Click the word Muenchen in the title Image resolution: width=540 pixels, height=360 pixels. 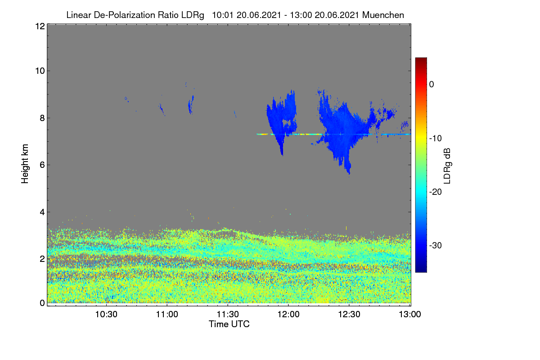coord(383,15)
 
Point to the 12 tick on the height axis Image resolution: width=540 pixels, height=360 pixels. coord(40,26)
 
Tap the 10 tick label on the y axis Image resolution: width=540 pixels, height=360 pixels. coord(40,71)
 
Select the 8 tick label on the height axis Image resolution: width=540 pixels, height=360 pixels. coord(42,118)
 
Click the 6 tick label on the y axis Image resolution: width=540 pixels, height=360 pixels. coord(42,165)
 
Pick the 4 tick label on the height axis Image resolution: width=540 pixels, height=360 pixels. coord(42,212)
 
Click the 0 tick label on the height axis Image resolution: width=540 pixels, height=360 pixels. coord(42,303)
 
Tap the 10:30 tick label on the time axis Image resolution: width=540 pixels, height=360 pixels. coord(106,314)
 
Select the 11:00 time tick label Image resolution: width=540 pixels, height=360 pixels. coord(167,314)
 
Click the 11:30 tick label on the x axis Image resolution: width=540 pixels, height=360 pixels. coord(228,314)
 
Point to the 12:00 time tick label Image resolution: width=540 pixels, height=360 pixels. coord(288,314)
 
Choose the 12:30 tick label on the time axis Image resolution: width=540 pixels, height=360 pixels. coord(349,314)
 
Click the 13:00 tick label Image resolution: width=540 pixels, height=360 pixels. coord(410,314)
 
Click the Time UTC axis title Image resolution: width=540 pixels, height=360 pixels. coord(229,324)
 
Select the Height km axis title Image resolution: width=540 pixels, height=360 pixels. coord(25,164)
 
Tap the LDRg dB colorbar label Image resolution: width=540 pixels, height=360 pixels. coord(447,166)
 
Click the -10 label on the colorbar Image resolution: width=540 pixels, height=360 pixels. coord(436,139)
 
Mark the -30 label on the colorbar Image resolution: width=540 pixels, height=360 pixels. coord(436,245)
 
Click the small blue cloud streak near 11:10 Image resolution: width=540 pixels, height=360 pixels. coord(191,104)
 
